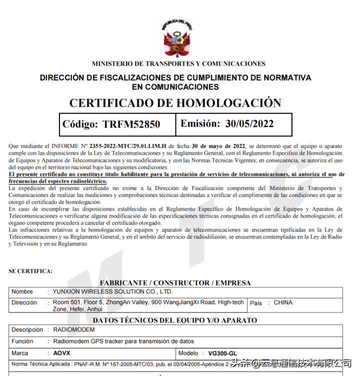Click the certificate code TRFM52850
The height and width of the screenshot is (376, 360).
point(131,124)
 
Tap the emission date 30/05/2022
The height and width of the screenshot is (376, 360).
point(249,123)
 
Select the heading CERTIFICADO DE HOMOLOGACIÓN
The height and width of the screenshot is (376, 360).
point(175,103)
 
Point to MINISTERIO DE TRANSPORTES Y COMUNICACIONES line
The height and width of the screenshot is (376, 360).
point(178,64)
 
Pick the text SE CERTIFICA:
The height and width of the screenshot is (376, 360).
point(30,271)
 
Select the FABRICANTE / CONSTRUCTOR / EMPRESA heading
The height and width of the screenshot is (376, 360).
point(175,283)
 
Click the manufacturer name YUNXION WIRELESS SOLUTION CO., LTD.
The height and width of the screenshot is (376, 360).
point(113,291)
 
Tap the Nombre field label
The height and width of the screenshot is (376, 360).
point(22,291)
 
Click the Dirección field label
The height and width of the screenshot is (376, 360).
point(24,302)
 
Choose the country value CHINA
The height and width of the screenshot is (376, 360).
point(283,302)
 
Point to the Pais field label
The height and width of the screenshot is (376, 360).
point(255,302)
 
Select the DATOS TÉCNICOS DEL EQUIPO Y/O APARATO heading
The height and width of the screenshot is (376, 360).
point(175,320)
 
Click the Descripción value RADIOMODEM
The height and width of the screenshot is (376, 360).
point(74,330)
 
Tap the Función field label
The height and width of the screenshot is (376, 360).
point(22,341)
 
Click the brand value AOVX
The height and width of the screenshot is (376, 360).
point(62,353)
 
